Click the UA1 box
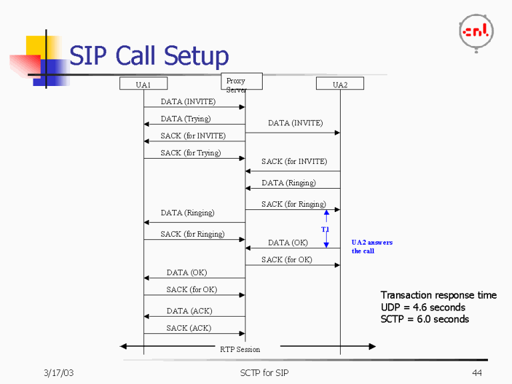tap(143, 84)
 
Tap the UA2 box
tap(340, 85)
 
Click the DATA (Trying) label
tap(185, 119)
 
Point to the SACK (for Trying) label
tap(190, 153)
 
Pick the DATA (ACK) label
tap(190, 311)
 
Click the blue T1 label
tap(325, 229)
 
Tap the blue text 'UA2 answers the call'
tap(372, 247)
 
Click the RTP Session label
tap(240, 349)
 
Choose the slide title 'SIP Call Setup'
tap(149, 55)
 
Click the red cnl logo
tap(476, 31)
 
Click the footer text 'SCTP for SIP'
tap(264, 372)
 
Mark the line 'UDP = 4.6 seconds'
tap(423, 307)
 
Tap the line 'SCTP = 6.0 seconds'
tap(425, 319)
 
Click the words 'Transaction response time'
tap(438, 295)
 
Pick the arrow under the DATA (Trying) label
tap(195, 125)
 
